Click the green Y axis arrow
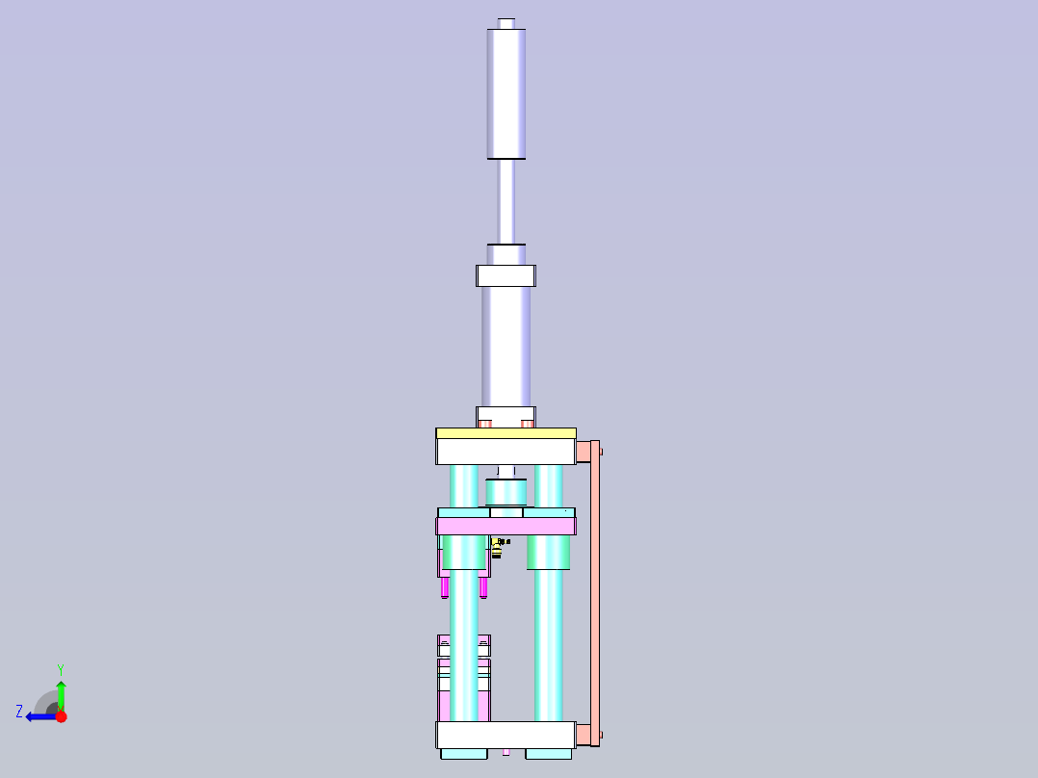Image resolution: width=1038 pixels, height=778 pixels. (61, 693)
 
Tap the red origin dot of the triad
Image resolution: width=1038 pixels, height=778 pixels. (61, 716)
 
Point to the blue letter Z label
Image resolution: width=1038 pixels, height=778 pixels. (19, 712)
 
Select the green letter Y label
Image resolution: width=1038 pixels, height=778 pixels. (60, 668)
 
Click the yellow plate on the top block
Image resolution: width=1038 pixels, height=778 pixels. (506, 433)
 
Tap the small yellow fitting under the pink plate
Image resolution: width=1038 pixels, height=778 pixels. (497, 549)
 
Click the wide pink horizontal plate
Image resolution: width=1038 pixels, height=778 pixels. (506, 526)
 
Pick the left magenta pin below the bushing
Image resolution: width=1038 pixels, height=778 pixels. (445, 586)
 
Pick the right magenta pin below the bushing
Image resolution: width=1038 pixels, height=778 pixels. (483, 586)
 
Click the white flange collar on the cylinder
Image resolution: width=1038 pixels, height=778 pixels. (506, 275)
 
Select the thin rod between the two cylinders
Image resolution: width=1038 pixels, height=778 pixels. (506, 200)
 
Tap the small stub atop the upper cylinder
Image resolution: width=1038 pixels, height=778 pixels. (506, 22)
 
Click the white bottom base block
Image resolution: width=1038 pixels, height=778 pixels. (506, 736)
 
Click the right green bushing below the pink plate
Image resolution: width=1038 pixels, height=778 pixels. (549, 552)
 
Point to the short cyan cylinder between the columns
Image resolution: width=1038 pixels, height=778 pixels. (506, 492)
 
